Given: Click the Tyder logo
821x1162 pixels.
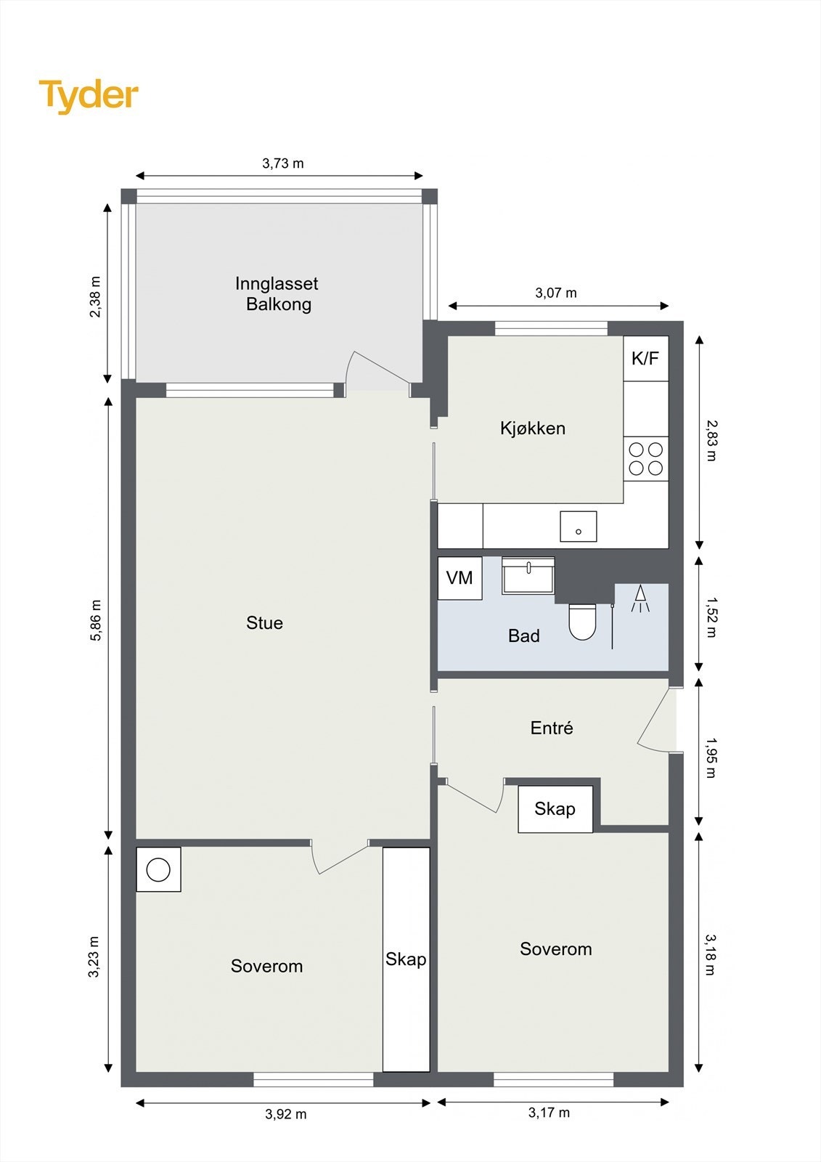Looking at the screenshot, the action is pos(89,97).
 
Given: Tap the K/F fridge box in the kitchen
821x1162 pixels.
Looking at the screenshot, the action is pos(646,359).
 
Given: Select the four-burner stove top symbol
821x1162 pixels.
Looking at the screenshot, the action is pos(646,458).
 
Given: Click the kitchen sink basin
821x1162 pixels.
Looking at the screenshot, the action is pos(579,527).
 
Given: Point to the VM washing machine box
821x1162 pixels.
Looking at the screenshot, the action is pos(460,578).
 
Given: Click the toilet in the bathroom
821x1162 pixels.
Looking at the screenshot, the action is pos(582,622).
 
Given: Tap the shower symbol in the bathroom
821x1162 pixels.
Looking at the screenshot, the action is pos(640,598).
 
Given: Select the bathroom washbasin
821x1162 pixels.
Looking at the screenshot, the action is pos(528,575).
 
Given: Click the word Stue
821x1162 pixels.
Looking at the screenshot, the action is pos(264,622).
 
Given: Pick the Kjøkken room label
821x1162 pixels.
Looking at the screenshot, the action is pos(533,428).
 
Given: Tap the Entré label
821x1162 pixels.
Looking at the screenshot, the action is pos(552,728).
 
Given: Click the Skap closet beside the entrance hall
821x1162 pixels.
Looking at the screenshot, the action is pos(555,809).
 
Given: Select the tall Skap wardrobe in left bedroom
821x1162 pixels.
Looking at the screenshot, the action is pos(406,959).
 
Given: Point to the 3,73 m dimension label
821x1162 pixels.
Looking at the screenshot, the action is pos(283,163).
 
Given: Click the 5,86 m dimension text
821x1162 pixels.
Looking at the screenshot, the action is pos(96,620).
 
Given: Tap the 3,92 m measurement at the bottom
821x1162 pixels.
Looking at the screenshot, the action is pos(286,1114).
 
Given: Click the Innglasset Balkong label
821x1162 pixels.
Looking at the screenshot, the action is pos(277,293).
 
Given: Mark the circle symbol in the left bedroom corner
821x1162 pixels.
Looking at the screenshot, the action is pos(158,870).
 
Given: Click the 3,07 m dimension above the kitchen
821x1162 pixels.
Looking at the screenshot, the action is pos(556,293).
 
